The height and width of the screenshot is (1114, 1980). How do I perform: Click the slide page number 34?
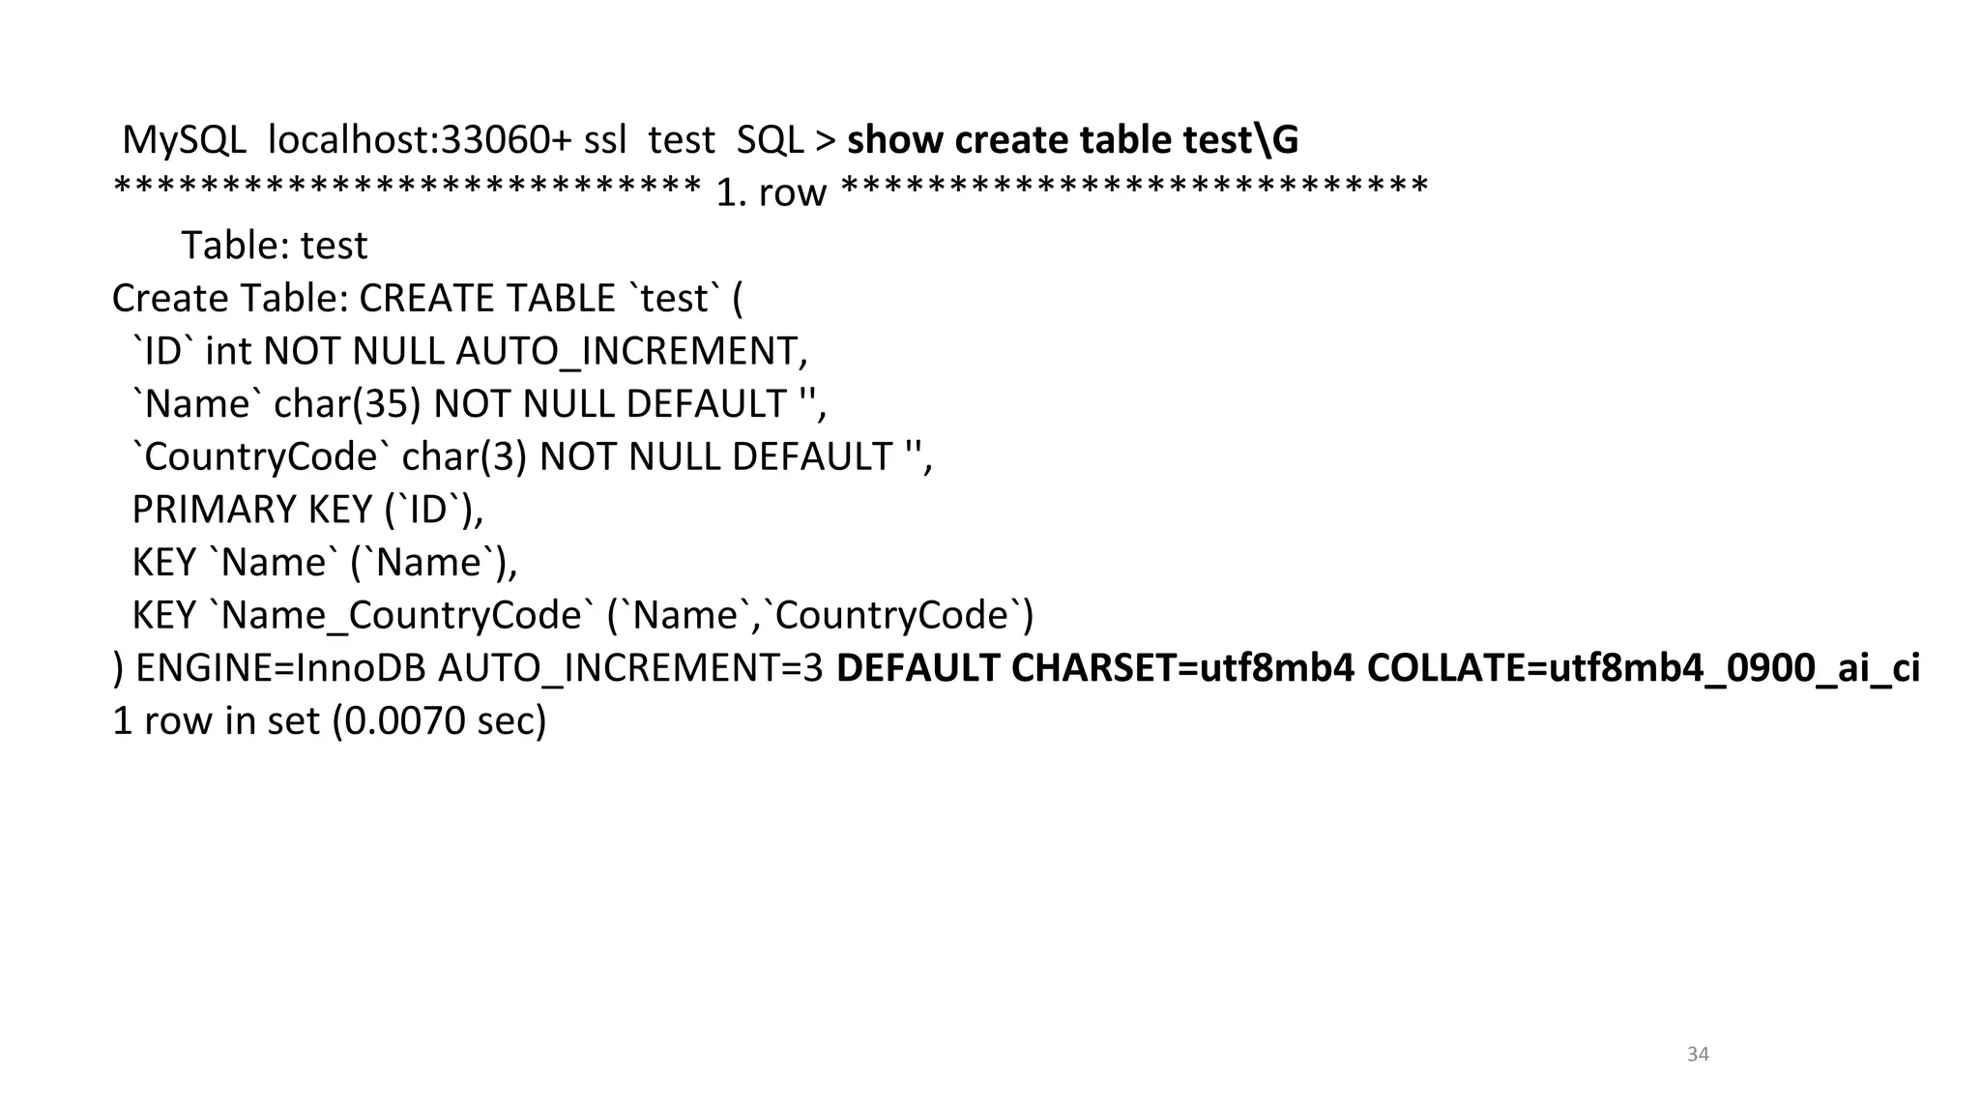pyautogui.click(x=1698, y=1054)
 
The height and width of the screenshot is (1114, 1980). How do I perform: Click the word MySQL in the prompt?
pyautogui.click(x=184, y=140)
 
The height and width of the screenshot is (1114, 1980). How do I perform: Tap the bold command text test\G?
pyautogui.click(x=1241, y=140)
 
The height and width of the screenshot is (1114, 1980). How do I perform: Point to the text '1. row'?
pyautogui.click(x=771, y=192)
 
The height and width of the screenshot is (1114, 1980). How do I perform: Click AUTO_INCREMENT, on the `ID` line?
pyautogui.click(x=631, y=351)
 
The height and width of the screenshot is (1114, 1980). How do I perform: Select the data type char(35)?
pyautogui.click(x=347, y=404)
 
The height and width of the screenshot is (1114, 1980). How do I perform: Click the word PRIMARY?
pyautogui.click(x=214, y=510)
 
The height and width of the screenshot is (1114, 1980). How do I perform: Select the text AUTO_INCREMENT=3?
pyautogui.click(x=630, y=668)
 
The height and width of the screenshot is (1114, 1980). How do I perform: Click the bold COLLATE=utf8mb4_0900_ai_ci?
pyautogui.click(x=1643, y=668)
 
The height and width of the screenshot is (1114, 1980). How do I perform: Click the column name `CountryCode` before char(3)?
pyautogui.click(x=260, y=456)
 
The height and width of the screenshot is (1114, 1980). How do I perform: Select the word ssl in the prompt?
pyautogui.click(x=605, y=140)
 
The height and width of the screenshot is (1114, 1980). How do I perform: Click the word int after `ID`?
pyautogui.click(x=228, y=351)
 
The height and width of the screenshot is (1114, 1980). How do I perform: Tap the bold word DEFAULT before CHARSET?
pyautogui.click(x=917, y=668)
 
